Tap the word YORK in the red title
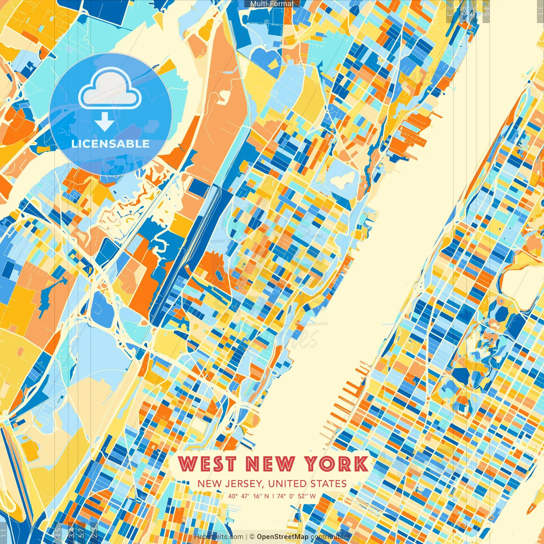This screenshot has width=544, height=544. (x=337, y=464)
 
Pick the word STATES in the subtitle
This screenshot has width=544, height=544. (x=328, y=484)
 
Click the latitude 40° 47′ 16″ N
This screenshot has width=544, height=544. (x=248, y=496)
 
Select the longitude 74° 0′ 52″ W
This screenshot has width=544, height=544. (x=296, y=496)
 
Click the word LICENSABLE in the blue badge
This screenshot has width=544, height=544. (x=110, y=144)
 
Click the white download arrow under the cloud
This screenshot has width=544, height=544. (x=105, y=122)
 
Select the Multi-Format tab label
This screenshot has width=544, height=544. (x=272, y=4)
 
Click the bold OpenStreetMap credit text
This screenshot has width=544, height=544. (x=282, y=537)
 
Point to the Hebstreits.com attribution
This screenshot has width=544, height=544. (x=218, y=537)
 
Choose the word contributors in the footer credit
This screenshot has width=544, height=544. (x=330, y=537)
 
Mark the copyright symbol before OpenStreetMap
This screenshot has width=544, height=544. (x=252, y=537)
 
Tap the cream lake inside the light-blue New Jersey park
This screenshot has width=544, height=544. (x=343, y=180)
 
